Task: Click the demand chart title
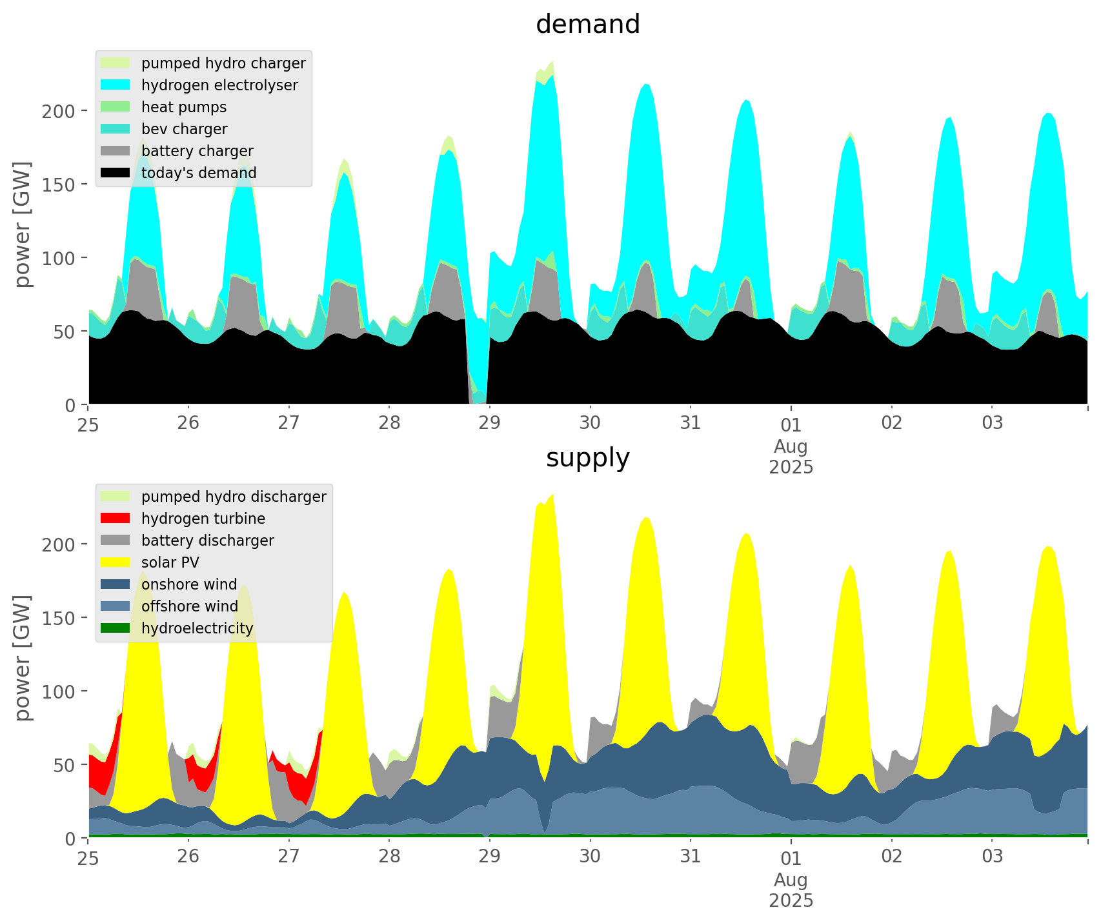tap(587, 25)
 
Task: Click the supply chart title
tap(587, 458)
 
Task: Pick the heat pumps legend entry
tap(184, 107)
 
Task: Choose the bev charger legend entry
tap(184, 129)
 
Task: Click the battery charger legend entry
tap(197, 151)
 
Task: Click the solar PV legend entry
tap(170, 562)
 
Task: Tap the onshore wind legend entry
tap(189, 584)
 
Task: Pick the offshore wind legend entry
tap(190, 606)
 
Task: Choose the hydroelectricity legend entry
tap(197, 628)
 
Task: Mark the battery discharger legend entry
tap(207, 541)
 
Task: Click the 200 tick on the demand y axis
tap(59, 111)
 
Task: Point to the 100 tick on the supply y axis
tap(59, 691)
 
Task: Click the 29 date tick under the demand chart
tap(489, 423)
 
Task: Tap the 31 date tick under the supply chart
tap(691, 857)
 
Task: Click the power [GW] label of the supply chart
tap(23, 658)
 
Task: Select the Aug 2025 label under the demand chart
tap(791, 456)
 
